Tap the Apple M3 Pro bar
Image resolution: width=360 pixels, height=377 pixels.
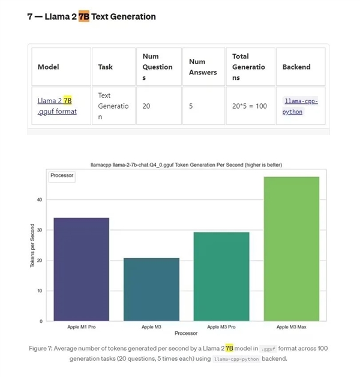point(221,276)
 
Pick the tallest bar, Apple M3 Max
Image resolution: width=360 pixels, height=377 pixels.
point(291,249)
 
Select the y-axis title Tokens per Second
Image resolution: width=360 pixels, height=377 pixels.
point(32,246)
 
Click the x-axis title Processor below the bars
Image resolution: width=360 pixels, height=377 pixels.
point(186,333)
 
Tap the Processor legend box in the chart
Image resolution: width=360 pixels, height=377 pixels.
point(62,176)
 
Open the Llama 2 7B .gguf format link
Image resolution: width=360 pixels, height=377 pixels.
point(57,106)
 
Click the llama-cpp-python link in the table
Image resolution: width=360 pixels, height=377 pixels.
point(300,106)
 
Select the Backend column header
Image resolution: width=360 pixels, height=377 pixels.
point(296,67)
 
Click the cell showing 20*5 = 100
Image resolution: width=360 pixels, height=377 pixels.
point(249,106)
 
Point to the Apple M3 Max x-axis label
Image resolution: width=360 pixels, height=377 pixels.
point(291,327)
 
